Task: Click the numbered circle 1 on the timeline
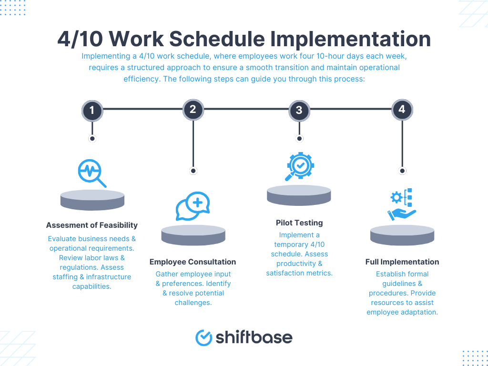pyautogui.click(x=92, y=111)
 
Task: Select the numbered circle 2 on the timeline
pyautogui.click(x=193, y=110)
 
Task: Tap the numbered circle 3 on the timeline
pyautogui.click(x=299, y=111)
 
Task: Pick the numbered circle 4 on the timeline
pyautogui.click(x=402, y=110)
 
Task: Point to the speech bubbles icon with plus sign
pyautogui.click(x=193, y=206)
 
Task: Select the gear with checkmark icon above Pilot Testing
pyautogui.click(x=299, y=166)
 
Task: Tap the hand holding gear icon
pyautogui.click(x=402, y=204)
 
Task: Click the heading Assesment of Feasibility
pyautogui.click(x=92, y=225)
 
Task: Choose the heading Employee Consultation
pyautogui.click(x=193, y=262)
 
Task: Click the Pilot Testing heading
pyautogui.click(x=299, y=223)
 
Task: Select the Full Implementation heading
pyautogui.click(x=402, y=262)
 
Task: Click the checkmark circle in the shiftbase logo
pyautogui.click(x=203, y=337)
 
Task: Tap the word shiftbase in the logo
pyautogui.click(x=254, y=337)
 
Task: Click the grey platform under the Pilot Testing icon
pyautogui.click(x=299, y=195)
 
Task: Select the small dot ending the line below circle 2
pyautogui.click(x=193, y=171)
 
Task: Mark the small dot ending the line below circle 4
pyautogui.click(x=402, y=171)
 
